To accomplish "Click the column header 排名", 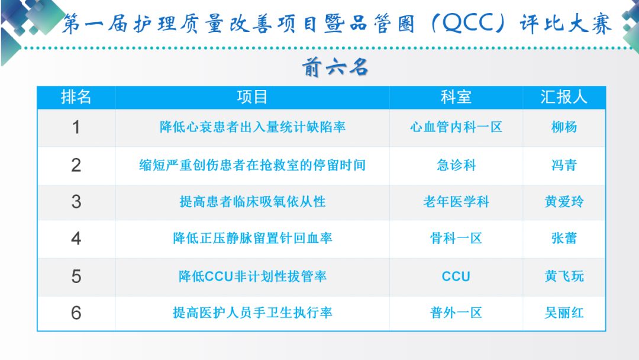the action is coord(76,97).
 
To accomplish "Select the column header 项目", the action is coord(252,97).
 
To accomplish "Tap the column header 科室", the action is coord(456,97).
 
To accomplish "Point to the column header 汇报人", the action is coord(564,97).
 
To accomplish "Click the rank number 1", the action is coord(76,127).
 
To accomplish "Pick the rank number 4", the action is coord(76,239).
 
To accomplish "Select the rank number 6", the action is coord(76,313).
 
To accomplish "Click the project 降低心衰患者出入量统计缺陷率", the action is coord(252,127).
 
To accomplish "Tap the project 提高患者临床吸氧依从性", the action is coord(252,202).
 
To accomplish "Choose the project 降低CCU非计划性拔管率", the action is coord(252,277).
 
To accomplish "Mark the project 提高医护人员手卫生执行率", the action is coord(252,313).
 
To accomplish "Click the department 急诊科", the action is coord(456,165).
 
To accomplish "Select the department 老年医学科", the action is coord(456,202).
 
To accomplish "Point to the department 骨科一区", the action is coord(456,239).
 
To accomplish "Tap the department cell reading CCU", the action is coord(456,277).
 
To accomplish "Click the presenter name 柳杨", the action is coord(564,127).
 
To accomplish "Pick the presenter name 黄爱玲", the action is coord(564,202).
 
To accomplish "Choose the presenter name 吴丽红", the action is coord(564,313).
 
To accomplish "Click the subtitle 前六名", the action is coord(335,67).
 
